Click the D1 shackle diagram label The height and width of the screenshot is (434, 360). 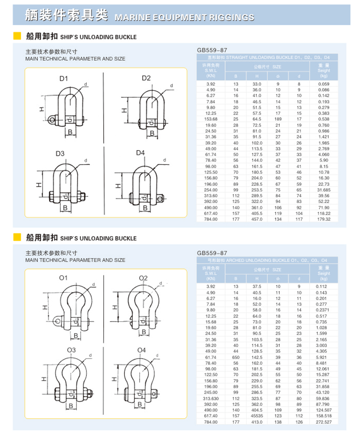pos(64,79)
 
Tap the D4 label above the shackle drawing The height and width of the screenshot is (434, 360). pos(140,153)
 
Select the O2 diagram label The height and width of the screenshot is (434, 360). pos(144,278)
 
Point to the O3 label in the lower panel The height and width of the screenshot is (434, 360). pos(71,350)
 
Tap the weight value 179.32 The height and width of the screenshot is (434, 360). pos(324,219)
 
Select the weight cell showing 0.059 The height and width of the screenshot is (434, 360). pos(324,84)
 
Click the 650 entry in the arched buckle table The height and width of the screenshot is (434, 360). pos(236,356)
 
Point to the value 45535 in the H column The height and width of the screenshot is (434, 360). pos(257,416)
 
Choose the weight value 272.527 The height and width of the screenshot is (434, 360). pos(324,422)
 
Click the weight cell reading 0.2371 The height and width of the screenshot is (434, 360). pos(324,310)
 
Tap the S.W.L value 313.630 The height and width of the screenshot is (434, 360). pos(211,398)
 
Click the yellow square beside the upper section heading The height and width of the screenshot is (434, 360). pos(17,36)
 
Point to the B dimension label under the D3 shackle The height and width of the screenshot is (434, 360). pos(65,208)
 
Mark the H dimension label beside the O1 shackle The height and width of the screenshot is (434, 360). pos(44,307)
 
